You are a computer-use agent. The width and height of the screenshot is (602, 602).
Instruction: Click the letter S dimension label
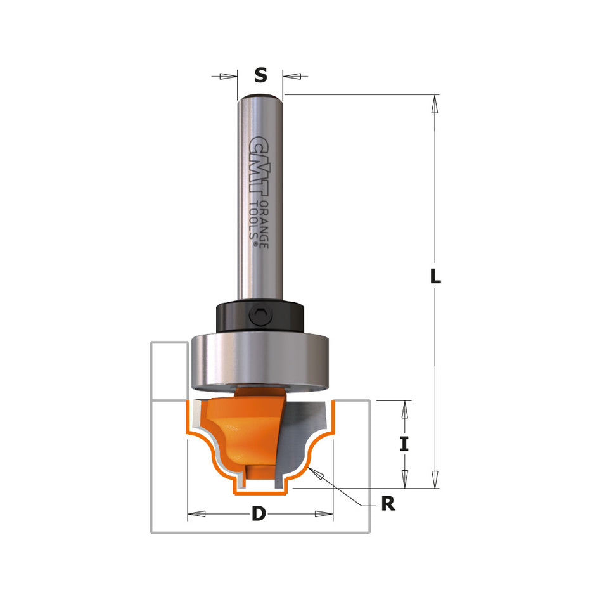(260, 75)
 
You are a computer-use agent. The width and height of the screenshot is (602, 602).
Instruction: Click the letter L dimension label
(435, 276)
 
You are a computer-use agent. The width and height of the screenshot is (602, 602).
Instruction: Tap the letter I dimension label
(404, 444)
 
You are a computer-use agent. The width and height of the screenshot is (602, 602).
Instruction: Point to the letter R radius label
(388, 504)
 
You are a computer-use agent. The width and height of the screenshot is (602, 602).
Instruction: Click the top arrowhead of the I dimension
(404, 409)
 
